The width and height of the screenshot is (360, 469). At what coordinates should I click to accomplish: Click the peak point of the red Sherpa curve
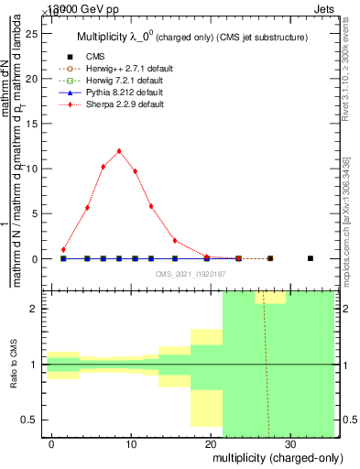point(119,151)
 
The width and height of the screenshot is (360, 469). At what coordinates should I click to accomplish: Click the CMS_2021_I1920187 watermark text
point(191,273)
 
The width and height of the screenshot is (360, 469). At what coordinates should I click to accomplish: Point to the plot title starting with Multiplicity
point(191,38)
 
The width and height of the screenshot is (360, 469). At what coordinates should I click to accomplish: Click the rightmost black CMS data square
point(311,258)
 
